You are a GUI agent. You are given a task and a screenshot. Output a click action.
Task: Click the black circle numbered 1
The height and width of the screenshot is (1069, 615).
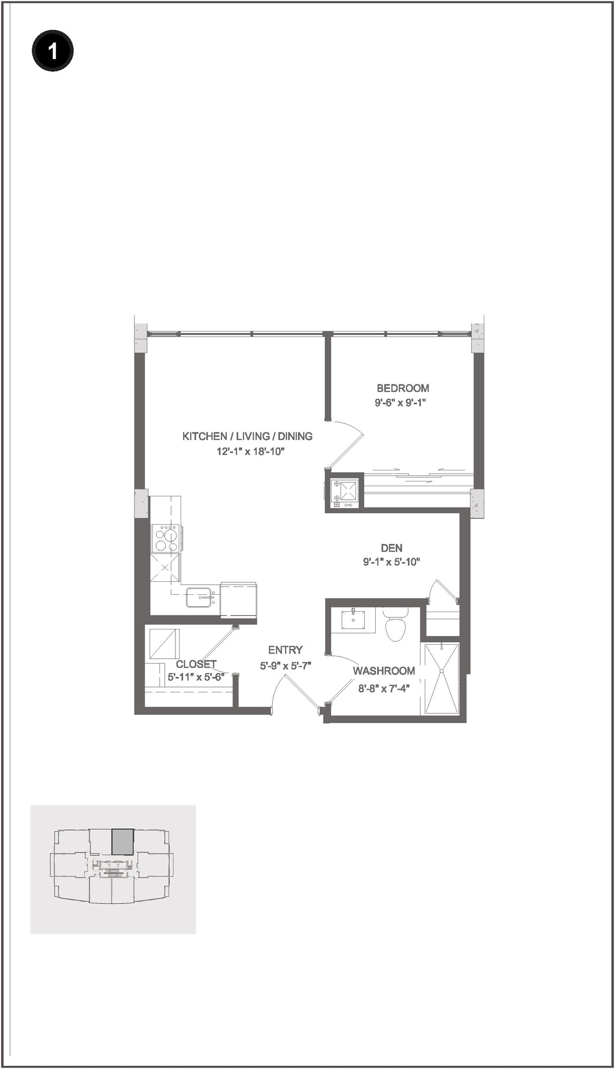52,50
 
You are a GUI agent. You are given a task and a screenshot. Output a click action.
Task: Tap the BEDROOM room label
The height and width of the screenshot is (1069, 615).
403,388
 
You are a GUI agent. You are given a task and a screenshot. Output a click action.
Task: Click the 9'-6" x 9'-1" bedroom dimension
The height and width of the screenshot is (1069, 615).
400,402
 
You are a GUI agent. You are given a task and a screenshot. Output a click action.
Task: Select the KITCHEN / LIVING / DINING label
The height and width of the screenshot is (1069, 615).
247,436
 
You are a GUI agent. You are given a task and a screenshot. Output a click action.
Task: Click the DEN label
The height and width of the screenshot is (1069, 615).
392,548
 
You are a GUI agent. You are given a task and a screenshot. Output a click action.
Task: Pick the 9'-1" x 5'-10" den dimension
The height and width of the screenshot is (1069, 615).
392,562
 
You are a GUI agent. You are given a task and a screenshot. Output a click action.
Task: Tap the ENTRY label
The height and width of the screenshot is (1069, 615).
285,650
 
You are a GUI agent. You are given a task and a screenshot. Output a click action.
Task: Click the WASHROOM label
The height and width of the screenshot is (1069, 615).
383,671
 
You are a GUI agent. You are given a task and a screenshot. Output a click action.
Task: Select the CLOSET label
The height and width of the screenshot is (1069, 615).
196,664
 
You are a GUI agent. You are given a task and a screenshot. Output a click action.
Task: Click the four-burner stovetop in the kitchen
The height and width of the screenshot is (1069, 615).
165,538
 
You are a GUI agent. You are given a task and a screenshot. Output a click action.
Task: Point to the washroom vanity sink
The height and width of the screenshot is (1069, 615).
353,620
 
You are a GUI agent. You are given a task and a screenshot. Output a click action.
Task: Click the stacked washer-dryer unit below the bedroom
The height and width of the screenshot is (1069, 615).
344,494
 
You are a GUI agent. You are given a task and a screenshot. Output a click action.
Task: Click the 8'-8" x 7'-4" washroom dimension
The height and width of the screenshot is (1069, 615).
383,688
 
